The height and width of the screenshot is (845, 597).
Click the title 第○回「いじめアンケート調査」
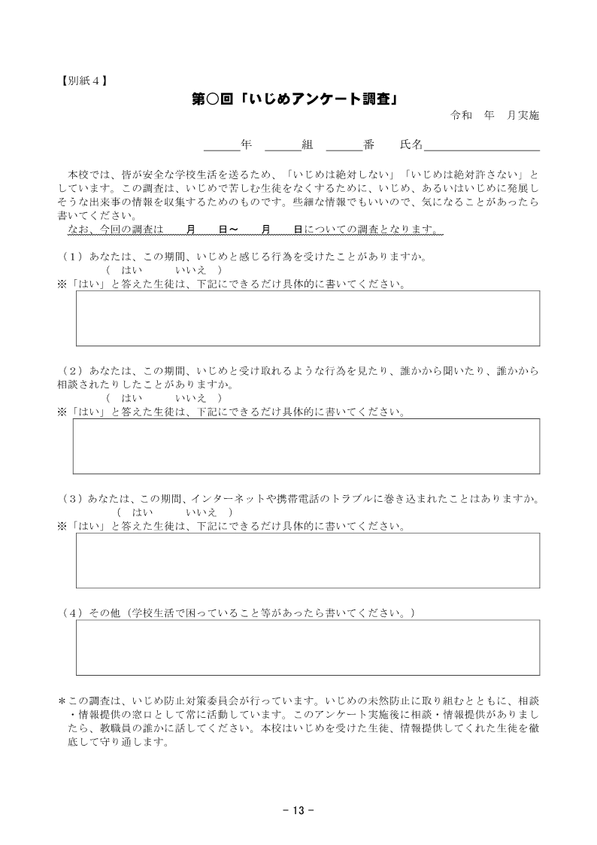294,99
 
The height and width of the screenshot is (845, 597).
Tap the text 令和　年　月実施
495,116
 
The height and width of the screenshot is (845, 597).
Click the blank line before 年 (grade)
222,144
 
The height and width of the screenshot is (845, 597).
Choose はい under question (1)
132,269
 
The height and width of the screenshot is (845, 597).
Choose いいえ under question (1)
191,269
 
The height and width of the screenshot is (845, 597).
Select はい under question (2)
132,397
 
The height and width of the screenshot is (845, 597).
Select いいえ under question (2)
191,397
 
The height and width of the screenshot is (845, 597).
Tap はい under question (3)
143,512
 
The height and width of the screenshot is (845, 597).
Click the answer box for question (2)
306,446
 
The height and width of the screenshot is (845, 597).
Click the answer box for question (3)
308,561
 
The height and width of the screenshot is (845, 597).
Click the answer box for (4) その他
308,648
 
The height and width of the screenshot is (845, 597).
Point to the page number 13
298,810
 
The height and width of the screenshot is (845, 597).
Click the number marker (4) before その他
72,613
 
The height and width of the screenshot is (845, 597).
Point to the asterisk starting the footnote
62,700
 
